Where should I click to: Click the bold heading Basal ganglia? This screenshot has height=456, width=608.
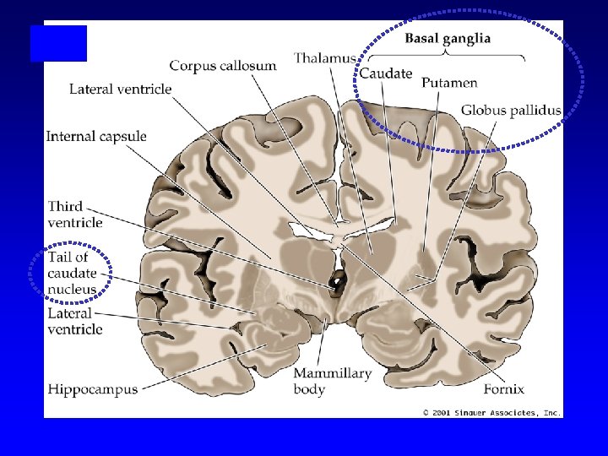coord(448,39)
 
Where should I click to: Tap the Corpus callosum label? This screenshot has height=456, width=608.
coord(224,66)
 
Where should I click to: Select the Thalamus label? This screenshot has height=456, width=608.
coord(324,58)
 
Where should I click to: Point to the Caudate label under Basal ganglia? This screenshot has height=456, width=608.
coord(386,73)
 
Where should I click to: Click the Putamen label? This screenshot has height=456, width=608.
coord(449,83)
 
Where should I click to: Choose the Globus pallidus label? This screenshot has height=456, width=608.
coord(511,111)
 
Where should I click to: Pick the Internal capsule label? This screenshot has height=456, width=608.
coord(96,136)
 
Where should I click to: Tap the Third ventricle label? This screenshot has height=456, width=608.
coord(75,214)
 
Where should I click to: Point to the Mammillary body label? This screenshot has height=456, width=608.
coord(333,381)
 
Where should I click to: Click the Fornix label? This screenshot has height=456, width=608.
coord(504,389)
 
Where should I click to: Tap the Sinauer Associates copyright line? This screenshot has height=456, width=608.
coord(491,412)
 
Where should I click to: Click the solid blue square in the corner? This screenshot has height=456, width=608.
coord(58,44)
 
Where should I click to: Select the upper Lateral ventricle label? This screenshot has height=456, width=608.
coord(121,89)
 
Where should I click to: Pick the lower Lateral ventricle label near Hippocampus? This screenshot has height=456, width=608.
coord(75,321)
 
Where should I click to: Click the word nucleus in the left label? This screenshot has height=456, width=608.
coord(72,289)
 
